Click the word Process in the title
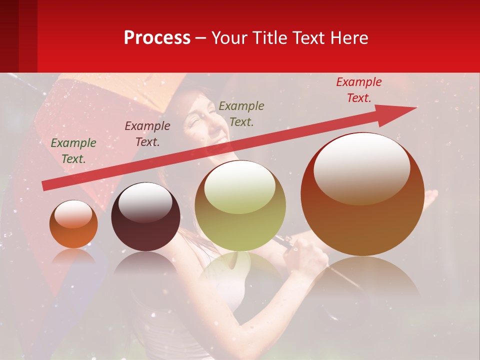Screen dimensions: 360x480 tap(157, 38)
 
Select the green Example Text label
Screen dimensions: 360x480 tap(73, 151)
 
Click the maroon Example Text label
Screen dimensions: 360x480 tap(147, 134)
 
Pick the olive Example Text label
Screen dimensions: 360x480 tap(241, 113)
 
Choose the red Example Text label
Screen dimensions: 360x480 tap(359, 90)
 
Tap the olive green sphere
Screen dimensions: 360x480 tap(240, 220)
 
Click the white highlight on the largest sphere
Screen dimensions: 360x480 tap(362, 167)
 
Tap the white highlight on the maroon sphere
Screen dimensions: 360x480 tap(145, 203)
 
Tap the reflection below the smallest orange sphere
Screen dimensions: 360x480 tap(73, 257)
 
